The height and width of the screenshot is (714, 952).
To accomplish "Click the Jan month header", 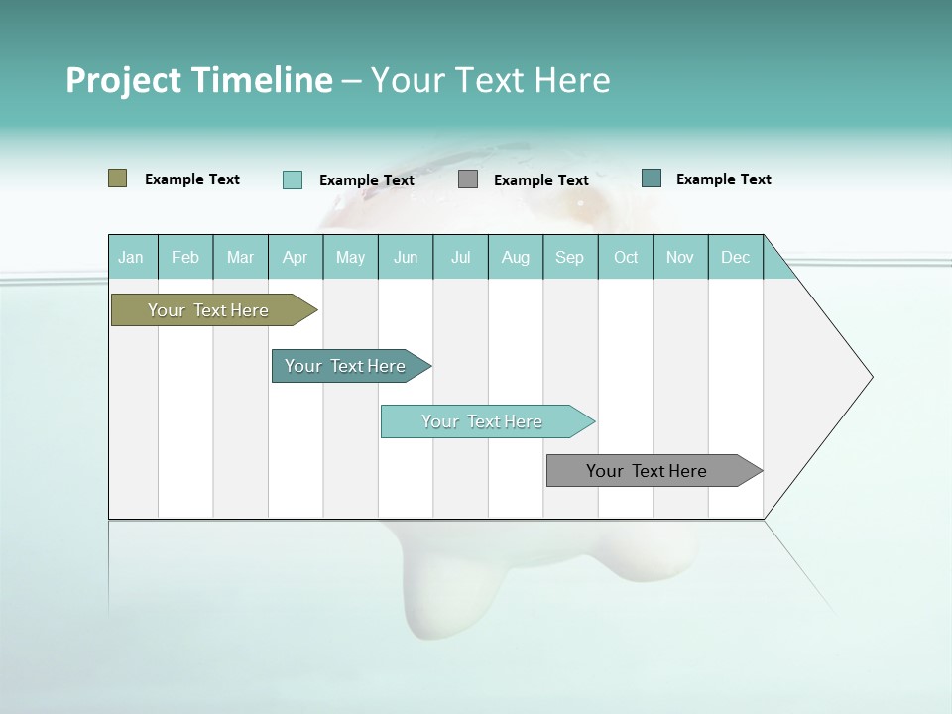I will click(132, 257).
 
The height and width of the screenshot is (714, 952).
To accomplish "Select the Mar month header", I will click(240, 257).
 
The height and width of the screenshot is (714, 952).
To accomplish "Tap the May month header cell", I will click(350, 257).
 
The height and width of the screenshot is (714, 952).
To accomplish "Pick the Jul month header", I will click(460, 257).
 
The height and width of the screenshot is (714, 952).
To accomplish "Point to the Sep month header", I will click(569, 257).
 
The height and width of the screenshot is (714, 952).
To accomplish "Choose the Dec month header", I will click(735, 257).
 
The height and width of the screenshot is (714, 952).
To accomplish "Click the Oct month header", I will click(626, 257).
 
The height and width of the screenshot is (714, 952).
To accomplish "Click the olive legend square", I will click(118, 178).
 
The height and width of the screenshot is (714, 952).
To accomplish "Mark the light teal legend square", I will click(293, 179).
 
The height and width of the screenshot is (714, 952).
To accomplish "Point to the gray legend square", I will click(468, 179).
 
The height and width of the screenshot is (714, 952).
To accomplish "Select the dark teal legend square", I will click(652, 178).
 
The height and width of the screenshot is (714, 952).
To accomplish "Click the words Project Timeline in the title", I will click(198, 80).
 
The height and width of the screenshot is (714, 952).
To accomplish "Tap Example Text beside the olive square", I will click(192, 179).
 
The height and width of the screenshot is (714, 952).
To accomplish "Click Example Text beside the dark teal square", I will click(723, 179).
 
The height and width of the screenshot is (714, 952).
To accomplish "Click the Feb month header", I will click(185, 257).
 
